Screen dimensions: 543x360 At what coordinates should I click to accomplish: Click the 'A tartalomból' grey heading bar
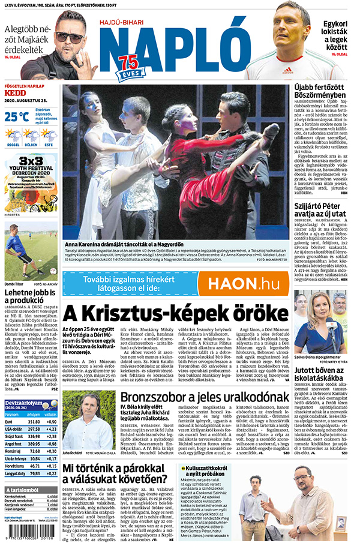click(x=29, y=490)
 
